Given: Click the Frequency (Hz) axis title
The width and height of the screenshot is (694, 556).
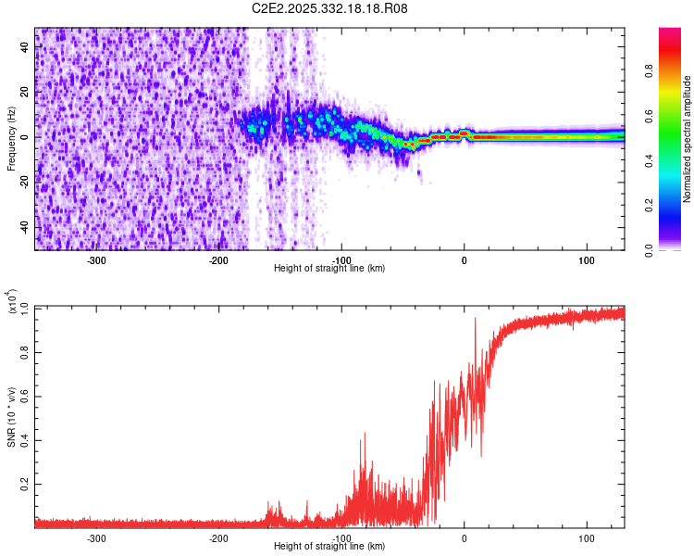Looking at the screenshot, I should pos(11,139).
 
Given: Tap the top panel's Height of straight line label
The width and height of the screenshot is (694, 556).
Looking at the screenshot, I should pos(329,268).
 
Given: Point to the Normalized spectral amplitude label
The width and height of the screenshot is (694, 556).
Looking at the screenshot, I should pos(687,139).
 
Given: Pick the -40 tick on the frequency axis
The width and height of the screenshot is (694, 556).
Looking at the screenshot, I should pos(23,227).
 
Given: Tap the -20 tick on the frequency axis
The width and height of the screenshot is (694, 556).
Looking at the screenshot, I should pos(23,183).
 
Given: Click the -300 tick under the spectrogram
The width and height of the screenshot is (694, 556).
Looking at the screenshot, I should pos(97,260).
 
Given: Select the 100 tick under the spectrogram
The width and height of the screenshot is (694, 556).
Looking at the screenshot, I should pos(587,260).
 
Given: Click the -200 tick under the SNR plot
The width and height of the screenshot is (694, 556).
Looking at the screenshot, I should pos(219,537).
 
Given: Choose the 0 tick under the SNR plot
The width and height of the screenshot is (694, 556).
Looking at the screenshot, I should pos(465,537).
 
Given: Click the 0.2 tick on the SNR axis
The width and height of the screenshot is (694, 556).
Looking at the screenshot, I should pos(24,485).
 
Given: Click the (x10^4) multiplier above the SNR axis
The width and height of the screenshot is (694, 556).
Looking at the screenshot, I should pos(12,300).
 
